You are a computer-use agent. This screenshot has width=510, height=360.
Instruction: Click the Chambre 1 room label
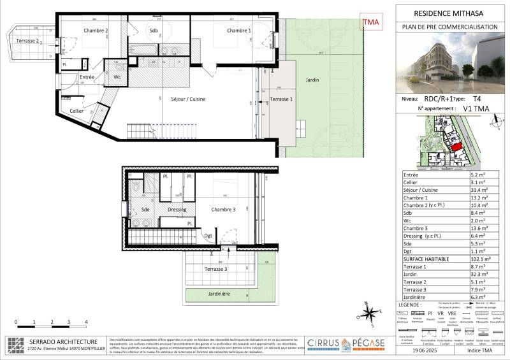tap(238, 31)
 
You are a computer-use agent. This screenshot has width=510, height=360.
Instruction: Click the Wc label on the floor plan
tap(117, 77)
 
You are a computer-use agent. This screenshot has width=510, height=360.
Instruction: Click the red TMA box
tap(370, 23)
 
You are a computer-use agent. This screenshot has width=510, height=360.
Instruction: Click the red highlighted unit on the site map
tap(456, 146)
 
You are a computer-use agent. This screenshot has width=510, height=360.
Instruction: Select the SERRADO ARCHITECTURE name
tap(62, 342)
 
